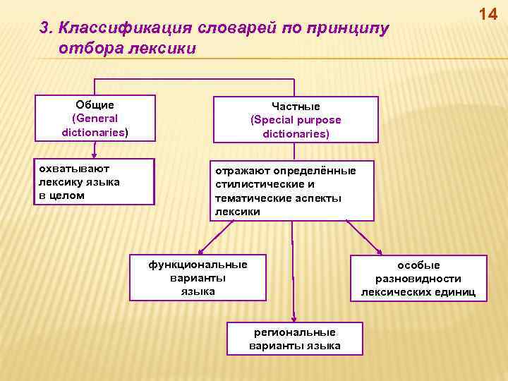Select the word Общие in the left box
click(95, 105)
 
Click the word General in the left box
click(95, 119)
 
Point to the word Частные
click(296, 107)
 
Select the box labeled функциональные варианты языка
click(198, 278)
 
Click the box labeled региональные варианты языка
click(295, 339)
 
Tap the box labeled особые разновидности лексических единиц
click(418, 278)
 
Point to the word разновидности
click(418, 278)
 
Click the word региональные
click(295, 332)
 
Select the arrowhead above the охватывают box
click(94, 152)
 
